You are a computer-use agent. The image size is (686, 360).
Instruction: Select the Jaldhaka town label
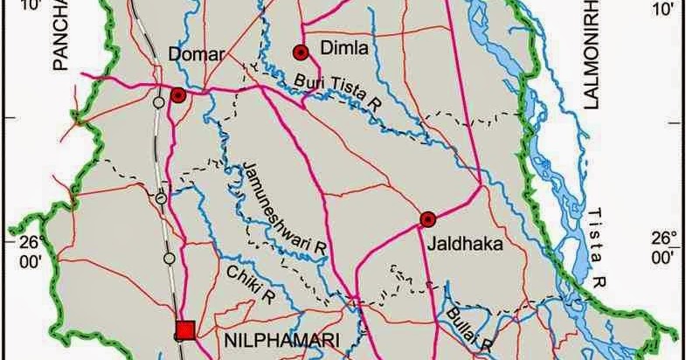pyautogui.click(x=465, y=246)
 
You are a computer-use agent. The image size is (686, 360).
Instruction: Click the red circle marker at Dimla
pyautogui.click(x=301, y=52)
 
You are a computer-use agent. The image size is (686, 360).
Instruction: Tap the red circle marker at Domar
pyautogui.click(x=178, y=95)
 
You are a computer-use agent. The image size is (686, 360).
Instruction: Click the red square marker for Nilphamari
pyautogui.click(x=184, y=329)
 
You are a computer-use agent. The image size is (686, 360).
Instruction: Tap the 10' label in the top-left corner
pyautogui.click(x=28, y=7)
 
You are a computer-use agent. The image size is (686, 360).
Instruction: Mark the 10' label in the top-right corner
pyautogui.click(x=662, y=10)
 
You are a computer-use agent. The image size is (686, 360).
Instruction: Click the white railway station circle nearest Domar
pyautogui.click(x=158, y=102)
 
